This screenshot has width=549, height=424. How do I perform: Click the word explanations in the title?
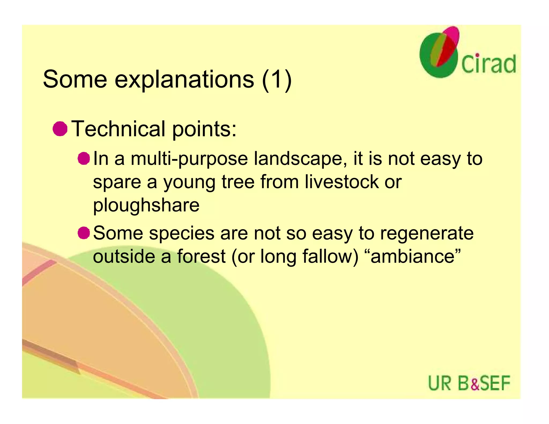click(x=184, y=80)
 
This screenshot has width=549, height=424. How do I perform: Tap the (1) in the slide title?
click(x=277, y=80)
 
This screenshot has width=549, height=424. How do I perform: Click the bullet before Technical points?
click(x=60, y=129)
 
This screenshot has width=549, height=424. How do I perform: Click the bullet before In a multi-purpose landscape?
click(x=84, y=158)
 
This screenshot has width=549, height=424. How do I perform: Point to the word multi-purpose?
click(x=189, y=159)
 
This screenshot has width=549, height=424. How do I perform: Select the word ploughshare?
click(x=146, y=205)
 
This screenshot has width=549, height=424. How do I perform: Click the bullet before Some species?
click(x=84, y=233)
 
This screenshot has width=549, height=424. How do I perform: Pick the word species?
click(x=182, y=233)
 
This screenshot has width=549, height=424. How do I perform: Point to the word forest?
click(x=201, y=256)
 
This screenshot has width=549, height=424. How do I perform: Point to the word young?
click(x=189, y=183)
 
